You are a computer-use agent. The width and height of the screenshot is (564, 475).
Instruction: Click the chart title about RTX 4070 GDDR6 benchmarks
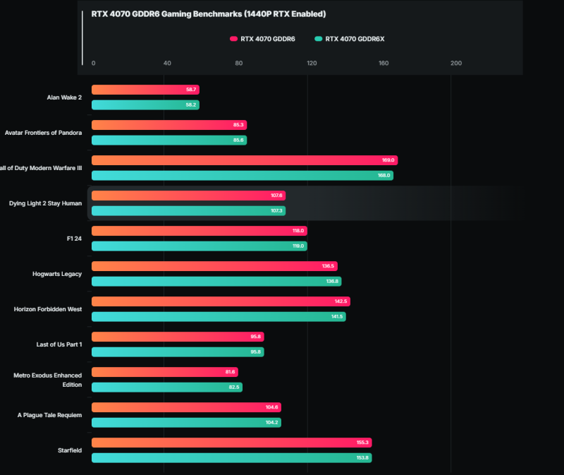[208, 14]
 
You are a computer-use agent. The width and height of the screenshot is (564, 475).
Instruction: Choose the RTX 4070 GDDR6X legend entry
[350, 39]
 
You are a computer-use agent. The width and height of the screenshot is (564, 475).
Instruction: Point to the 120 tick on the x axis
[312, 64]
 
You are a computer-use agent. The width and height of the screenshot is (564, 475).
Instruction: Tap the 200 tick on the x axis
[456, 64]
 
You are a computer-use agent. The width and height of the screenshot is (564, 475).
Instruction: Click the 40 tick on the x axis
[167, 64]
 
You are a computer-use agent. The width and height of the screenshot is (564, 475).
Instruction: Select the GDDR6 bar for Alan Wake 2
[145, 90]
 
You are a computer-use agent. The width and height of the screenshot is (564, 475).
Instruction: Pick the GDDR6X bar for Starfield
[231, 458]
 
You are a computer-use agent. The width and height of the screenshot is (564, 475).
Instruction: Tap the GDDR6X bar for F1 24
[199, 246]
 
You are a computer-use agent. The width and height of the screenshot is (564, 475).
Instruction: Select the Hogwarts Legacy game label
[57, 274]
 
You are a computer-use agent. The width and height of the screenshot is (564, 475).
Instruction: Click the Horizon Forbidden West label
[48, 309]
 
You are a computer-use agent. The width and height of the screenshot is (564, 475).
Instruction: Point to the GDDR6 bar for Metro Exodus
[164, 372]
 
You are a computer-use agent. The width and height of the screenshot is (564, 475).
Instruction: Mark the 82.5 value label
[233, 387]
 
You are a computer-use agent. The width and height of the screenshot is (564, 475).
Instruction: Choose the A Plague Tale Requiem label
[49, 415]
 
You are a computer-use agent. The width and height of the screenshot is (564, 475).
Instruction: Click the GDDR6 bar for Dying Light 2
[188, 196]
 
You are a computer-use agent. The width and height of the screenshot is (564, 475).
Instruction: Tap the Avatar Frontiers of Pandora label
[43, 133]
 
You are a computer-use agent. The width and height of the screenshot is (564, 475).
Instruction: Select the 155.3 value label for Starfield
[362, 443]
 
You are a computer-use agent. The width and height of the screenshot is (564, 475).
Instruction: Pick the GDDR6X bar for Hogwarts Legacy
[216, 282]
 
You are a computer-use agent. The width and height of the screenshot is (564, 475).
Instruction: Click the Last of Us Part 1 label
[59, 344]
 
